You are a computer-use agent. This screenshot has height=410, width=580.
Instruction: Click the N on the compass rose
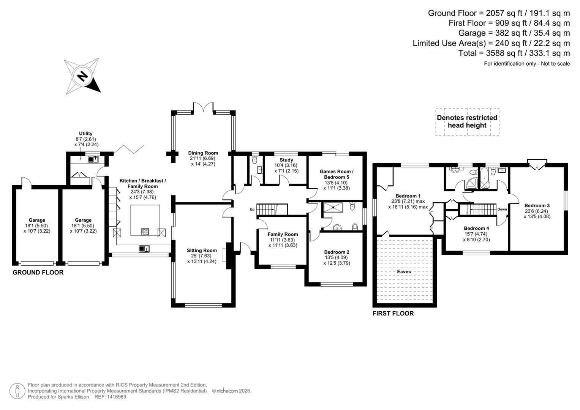[82, 76]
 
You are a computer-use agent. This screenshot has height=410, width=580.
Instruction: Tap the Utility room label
[85, 134]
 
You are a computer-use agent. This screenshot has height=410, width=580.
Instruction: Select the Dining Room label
[203, 153]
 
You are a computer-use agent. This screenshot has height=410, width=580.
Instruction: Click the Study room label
[286, 160]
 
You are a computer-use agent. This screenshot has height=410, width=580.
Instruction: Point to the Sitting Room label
[202, 251]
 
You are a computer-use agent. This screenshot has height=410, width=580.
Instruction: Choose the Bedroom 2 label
[337, 252]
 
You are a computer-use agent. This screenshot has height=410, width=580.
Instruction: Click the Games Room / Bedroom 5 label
[337, 174]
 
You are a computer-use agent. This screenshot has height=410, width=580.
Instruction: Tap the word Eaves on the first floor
[404, 272]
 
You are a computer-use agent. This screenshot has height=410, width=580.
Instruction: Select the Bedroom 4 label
[476, 229]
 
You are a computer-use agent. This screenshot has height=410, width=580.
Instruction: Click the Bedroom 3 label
[537, 206]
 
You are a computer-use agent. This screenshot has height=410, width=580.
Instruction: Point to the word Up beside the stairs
[252, 209]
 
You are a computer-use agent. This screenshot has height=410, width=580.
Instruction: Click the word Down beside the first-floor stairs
[502, 209]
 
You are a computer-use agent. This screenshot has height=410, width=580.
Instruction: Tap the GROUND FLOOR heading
[38, 273]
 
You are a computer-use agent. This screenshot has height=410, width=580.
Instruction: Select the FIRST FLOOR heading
[393, 314]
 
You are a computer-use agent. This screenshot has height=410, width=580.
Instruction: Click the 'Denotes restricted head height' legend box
[467, 122]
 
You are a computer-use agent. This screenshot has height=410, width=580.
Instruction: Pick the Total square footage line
[514, 53]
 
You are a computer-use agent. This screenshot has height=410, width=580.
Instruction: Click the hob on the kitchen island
[145, 231]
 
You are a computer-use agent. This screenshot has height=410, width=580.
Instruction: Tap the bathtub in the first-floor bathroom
[484, 179]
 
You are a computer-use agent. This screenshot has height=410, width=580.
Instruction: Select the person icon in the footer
[17, 391]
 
